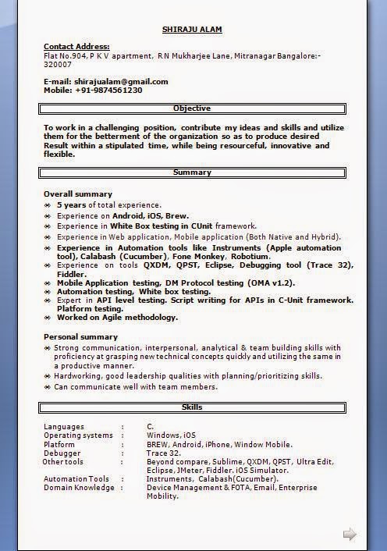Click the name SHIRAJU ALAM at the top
[x=192, y=30]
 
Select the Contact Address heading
[x=76, y=47]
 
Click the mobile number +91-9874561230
[x=108, y=90]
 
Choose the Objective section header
[x=192, y=108]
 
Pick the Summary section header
[x=192, y=172]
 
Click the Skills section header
[x=192, y=407]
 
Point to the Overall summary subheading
[x=78, y=194]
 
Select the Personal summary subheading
[x=80, y=336]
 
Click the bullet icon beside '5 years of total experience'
[x=48, y=205]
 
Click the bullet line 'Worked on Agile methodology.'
[x=117, y=318]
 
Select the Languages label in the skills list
[x=63, y=426]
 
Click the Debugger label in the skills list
[x=62, y=453]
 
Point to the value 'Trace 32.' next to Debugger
[x=164, y=453]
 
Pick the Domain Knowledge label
[x=79, y=488]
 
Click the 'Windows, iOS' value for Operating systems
[x=172, y=435]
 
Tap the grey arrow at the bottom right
[x=350, y=534]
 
